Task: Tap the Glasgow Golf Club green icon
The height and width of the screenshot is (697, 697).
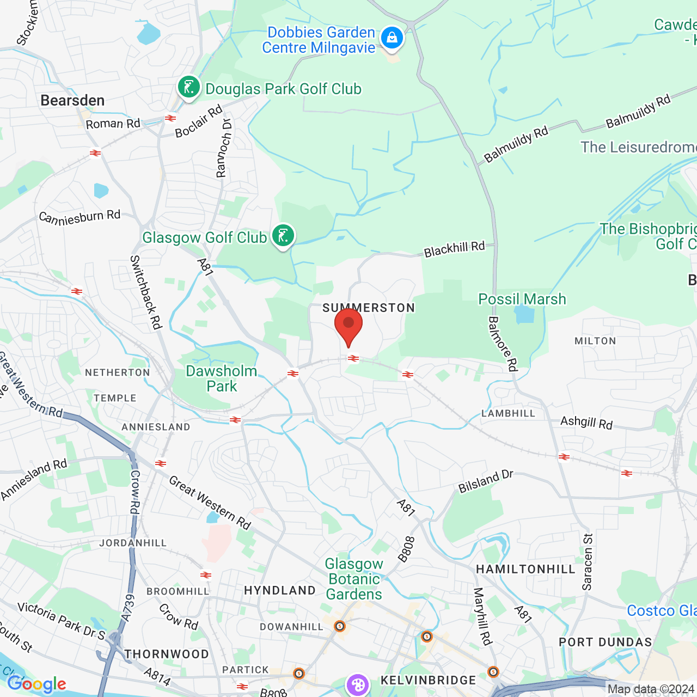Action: click(283, 236)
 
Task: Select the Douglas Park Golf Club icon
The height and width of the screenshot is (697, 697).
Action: click(189, 87)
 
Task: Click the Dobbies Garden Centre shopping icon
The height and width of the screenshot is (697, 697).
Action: click(392, 38)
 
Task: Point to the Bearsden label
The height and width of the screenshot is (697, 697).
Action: click(72, 101)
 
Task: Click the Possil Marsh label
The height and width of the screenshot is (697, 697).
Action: click(522, 299)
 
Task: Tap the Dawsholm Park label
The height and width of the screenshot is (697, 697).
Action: click(222, 378)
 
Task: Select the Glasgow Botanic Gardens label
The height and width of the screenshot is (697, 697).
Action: click(354, 579)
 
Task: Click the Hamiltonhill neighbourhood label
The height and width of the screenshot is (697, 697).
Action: click(525, 569)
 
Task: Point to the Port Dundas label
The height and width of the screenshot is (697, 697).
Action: click(605, 642)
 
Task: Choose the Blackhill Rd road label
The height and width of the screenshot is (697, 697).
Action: click(454, 249)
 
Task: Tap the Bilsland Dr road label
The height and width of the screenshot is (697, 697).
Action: click(486, 481)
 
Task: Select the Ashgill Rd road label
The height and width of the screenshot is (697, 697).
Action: click(586, 422)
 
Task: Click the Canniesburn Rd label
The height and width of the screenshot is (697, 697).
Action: click(80, 217)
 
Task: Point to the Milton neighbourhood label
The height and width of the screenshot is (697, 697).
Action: click(595, 341)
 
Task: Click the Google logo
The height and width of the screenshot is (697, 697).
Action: click(37, 684)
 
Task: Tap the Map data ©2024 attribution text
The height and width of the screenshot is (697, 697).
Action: click(651, 689)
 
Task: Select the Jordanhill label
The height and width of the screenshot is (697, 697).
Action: click(133, 543)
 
